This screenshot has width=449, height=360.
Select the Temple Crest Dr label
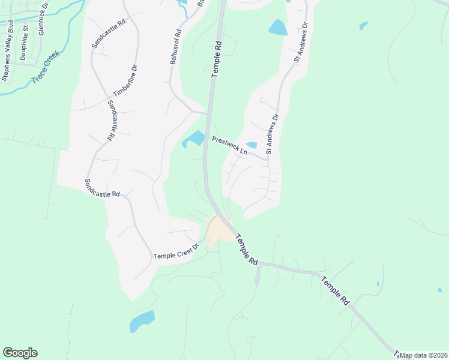click(x=175, y=254)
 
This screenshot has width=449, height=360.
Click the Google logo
click(x=20, y=353)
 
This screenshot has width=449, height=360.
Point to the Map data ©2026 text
click(x=423, y=355)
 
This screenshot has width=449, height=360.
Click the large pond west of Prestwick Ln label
click(x=194, y=139)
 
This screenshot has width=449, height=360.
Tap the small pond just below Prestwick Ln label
click(x=252, y=145)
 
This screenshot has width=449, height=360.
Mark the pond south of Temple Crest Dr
click(x=142, y=320)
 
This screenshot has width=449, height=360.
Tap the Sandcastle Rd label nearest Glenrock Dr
click(x=109, y=32)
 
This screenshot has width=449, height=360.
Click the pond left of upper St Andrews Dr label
click(x=277, y=28)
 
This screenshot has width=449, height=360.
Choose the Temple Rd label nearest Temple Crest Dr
click(x=246, y=250)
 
